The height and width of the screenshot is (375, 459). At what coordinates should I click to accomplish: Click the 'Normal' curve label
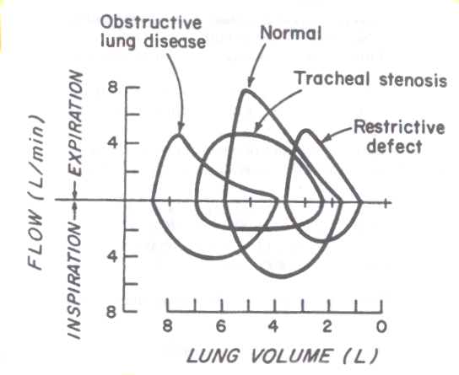[x=291, y=33]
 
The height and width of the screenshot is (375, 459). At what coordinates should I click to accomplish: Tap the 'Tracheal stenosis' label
[x=371, y=78]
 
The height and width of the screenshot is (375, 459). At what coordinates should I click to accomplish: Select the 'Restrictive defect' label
[x=398, y=137]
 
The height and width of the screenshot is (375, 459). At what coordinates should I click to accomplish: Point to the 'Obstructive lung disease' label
[x=153, y=32]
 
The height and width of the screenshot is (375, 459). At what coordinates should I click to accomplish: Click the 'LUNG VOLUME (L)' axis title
[x=282, y=356]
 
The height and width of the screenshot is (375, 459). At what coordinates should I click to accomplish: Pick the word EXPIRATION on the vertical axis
[x=76, y=123]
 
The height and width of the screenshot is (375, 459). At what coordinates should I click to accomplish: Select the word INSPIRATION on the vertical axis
[x=74, y=281]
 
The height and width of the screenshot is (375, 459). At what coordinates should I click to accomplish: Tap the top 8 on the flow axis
[x=114, y=87]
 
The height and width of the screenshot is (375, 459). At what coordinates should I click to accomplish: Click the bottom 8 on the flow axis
[x=111, y=312]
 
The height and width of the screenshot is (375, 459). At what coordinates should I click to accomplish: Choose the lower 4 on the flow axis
[x=113, y=257]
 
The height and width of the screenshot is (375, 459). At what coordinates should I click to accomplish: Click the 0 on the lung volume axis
[x=381, y=326]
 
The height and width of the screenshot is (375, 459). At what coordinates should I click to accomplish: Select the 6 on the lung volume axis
[x=221, y=326]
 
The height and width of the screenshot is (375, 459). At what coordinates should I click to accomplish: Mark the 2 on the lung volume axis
[x=327, y=326]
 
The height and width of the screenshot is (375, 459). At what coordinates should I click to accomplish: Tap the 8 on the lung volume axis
[x=167, y=326]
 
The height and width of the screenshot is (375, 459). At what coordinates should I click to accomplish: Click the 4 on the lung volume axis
[x=273, y=326]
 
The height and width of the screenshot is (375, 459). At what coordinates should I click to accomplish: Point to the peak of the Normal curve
[x=246, y=91]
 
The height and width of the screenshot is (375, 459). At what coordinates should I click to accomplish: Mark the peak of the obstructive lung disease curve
[x=179, y=135]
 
